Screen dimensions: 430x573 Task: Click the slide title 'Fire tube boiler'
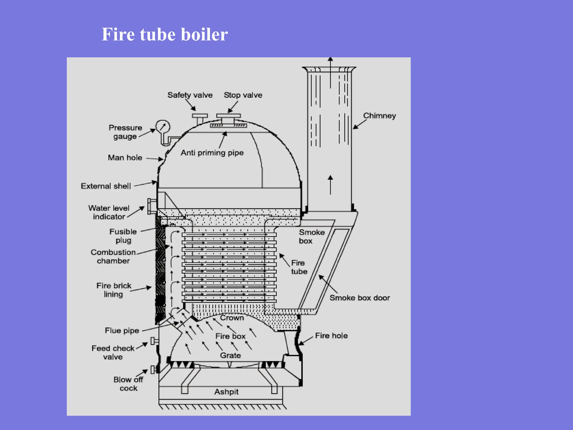[165, 34]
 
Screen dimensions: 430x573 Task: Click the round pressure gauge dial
[163, 127]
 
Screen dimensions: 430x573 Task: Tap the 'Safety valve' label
[190, 95]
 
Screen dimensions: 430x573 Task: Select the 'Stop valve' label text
[243, 95]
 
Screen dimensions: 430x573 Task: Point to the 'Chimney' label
[379, 116]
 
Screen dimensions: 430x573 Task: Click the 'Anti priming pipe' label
[212, 153]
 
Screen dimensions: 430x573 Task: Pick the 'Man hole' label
[125, 158]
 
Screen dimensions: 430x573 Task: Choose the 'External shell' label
[106, 186]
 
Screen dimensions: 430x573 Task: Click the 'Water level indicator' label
[109, 212]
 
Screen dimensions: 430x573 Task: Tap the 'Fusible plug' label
[123, 236]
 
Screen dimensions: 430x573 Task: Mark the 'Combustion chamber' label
[113, 256]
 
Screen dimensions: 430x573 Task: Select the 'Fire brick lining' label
[114, 290]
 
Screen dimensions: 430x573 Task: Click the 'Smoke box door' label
[360, 298]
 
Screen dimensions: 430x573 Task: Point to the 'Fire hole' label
[331, 336]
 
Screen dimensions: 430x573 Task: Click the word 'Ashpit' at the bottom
[226, 392]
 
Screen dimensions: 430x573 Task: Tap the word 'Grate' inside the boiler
[230, 356]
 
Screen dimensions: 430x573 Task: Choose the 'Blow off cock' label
[128, 384]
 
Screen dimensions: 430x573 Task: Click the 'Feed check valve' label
[113, 352]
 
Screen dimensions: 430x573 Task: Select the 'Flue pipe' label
[122, 331]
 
